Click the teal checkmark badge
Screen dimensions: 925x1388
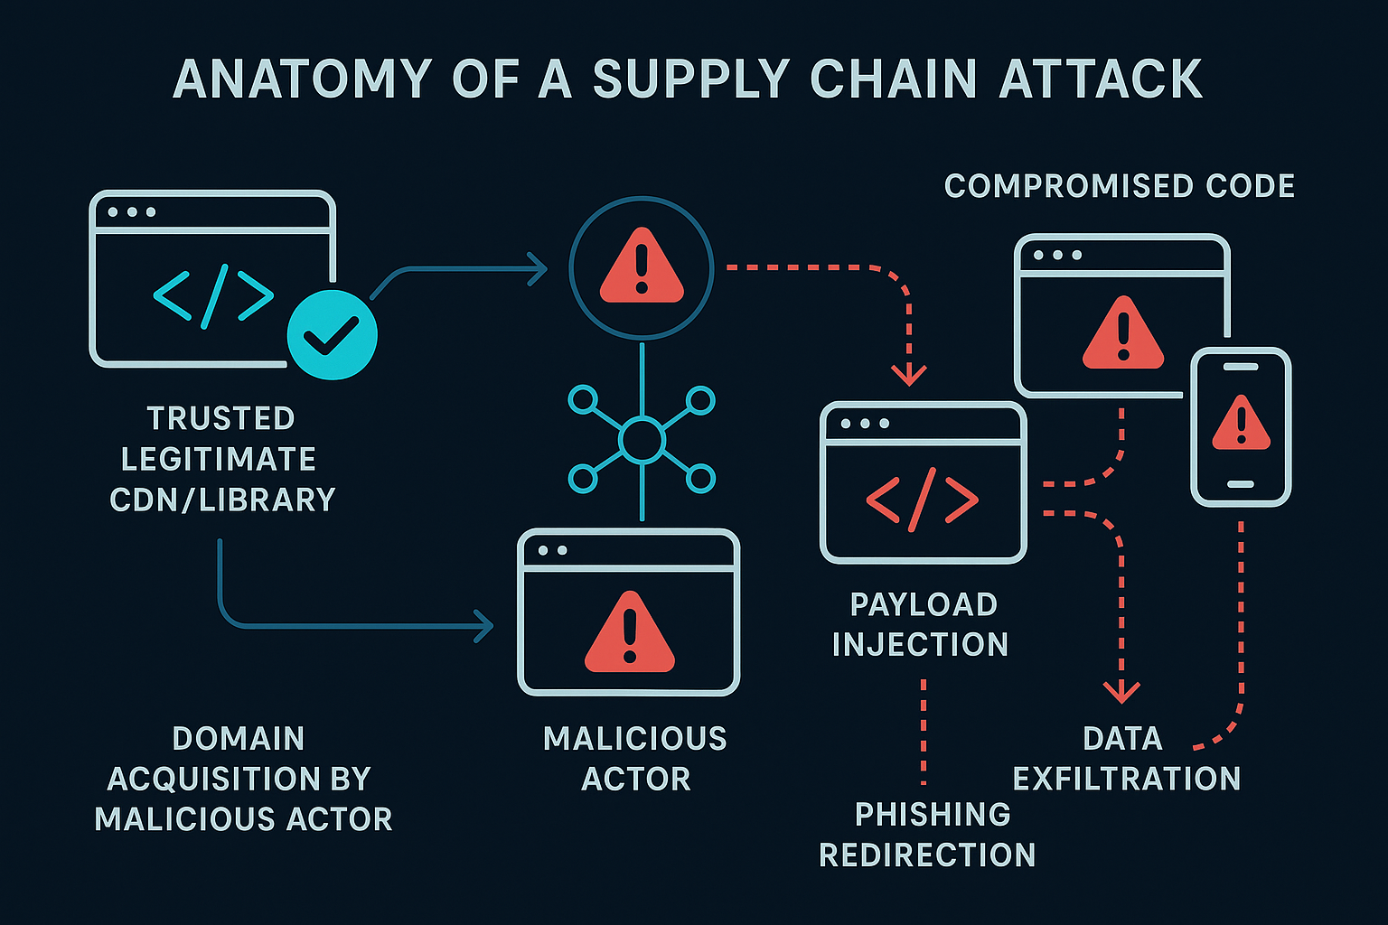pos(332,335)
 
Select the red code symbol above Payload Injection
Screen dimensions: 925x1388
pos(923,499)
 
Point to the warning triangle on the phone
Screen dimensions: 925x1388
pos(1241,424)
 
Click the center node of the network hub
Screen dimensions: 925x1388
pos(642,440)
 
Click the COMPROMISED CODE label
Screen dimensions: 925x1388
pos(1120,186)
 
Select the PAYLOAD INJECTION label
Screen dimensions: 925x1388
pos(922,624)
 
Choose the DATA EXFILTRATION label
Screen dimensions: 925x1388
pos(1126,758)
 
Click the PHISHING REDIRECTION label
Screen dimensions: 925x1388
pos(928,834)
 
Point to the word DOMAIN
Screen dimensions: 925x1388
pos(239,739)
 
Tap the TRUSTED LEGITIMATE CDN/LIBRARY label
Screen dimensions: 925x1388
pos(221,459)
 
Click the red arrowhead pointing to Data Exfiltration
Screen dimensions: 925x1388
pos(1121,693)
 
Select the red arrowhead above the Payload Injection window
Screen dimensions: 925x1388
pos(909,374)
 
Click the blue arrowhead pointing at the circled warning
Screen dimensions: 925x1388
pos(539,268)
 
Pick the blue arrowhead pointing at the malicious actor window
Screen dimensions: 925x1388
pos(485,625)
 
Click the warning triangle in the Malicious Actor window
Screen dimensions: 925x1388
pos(630,632)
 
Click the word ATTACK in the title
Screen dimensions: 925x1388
pos(1100,79)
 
